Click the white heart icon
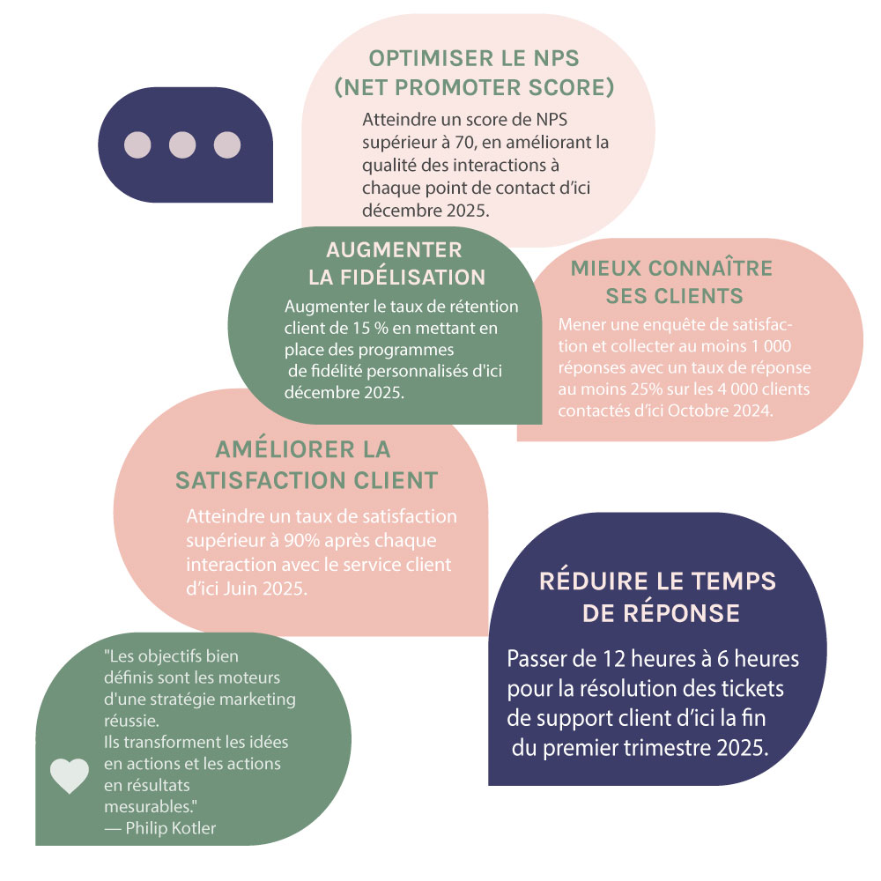click(70, 775)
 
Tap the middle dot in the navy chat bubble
click(181, 144)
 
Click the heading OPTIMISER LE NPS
click(474, 59)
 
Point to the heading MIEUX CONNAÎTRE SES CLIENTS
click(671, 281)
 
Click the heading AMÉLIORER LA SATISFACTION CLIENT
click(306, 464)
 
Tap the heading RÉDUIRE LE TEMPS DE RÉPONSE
click(657, 597)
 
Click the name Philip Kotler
click(170, 827)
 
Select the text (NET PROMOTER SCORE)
click(474, 88)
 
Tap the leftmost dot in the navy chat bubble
click(137, 144)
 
